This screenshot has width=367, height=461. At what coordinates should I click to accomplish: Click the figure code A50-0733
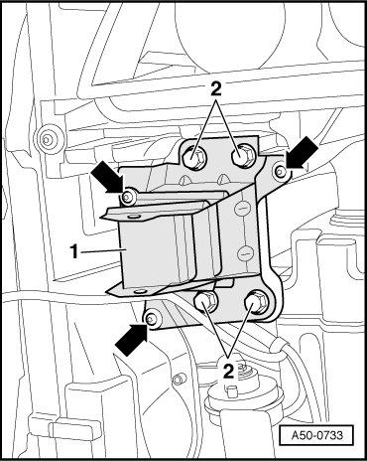[x=317, y=435]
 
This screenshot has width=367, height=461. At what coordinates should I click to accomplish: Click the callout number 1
[x=75, y=251]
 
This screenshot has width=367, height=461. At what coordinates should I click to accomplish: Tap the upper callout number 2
[x=215, y=88]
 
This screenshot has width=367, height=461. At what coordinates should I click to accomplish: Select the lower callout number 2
[x=228, y=371]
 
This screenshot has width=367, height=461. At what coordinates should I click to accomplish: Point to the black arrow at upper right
[x=302, y=153]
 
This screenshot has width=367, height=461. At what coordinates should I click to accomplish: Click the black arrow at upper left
[x=108, y=179]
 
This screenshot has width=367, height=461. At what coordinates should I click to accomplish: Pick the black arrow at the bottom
[x=131, y=340]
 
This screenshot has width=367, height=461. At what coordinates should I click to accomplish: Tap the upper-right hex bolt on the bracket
[x=243, y=155]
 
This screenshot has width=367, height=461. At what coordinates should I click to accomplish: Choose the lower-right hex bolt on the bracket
[x=257, y=302]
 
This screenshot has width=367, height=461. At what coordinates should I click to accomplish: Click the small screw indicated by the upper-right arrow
[x=281, y=171]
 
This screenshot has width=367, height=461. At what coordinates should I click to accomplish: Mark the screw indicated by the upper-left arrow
[x=128, y=198]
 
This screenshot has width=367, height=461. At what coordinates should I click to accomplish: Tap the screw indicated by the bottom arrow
[x=153, y=319]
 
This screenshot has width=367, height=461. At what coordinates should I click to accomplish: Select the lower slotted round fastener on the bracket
[x=243, y=254]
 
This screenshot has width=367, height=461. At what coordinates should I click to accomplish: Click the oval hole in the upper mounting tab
[x=134, y=217]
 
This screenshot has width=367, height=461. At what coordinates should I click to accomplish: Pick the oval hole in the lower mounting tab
[x=141, y=291]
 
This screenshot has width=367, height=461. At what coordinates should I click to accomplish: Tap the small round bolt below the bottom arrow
[x=180, y=378]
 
